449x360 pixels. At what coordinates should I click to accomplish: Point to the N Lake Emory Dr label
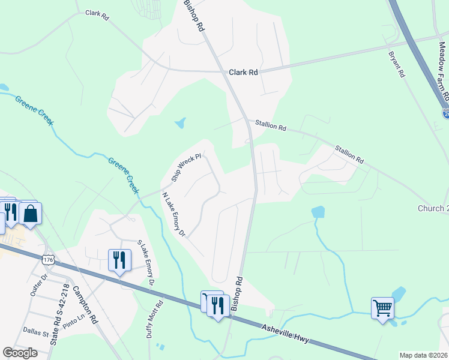coord(174,214)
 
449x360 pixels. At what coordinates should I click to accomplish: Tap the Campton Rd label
coord(85,304)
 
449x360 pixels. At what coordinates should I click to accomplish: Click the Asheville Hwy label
coord(286,334)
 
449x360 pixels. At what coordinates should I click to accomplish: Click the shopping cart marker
coord(382,308)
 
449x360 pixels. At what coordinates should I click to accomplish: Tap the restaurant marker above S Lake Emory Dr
coord(119,260)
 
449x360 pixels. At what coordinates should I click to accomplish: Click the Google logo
coord(20,353)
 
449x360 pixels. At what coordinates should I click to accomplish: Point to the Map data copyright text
coord(423,355)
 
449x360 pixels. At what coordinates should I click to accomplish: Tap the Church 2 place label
coord(433,208)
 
